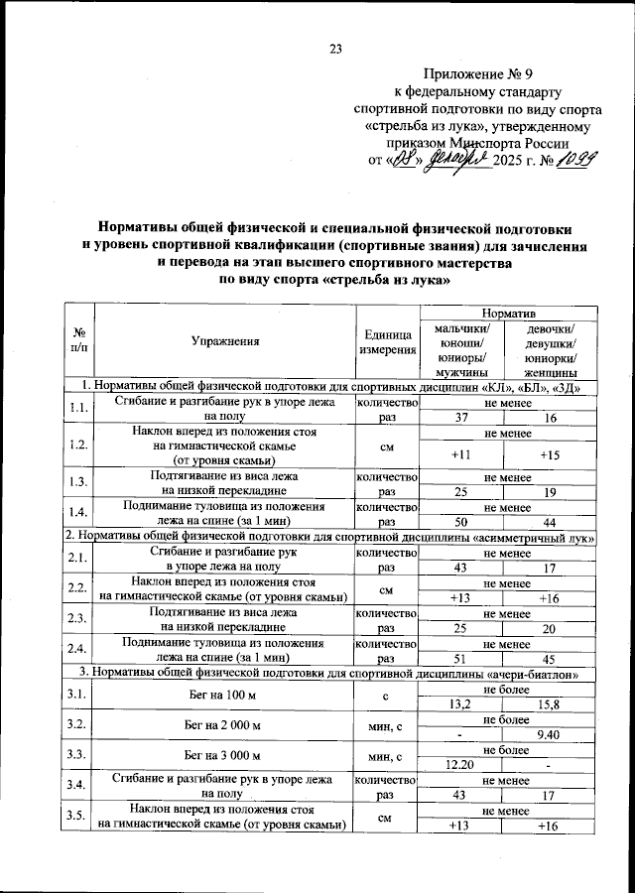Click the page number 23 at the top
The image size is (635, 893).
click(x=334, y=50)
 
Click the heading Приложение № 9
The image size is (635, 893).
click(x=477, y=73)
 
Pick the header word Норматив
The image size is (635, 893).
click(x=507, y=312)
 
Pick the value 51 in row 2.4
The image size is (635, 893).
click(x=459, y=657)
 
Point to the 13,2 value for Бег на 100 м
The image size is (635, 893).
click(x=459, y=702)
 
